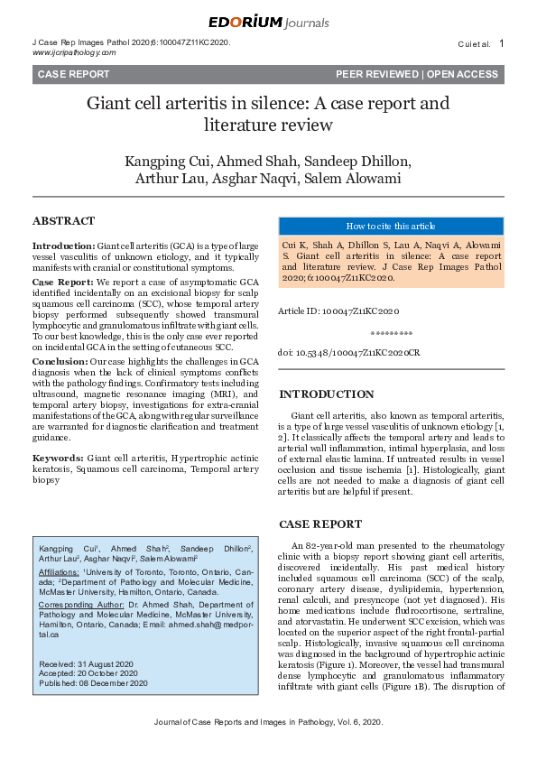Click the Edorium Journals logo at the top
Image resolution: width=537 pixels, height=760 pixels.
(268, 23)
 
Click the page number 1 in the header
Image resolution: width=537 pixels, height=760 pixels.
(502, 43)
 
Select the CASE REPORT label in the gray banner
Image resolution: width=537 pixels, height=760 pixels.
(73, 74)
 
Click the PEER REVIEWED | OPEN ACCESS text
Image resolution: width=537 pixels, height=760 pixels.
(417, 74)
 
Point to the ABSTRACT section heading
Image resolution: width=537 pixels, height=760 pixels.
(63, 221)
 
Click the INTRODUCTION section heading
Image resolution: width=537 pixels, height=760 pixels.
(326, 394)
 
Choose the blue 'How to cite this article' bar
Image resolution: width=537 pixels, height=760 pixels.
(391, 227)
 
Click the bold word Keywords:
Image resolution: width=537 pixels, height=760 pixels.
(58, 459)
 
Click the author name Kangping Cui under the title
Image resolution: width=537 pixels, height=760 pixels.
(163, 162)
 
